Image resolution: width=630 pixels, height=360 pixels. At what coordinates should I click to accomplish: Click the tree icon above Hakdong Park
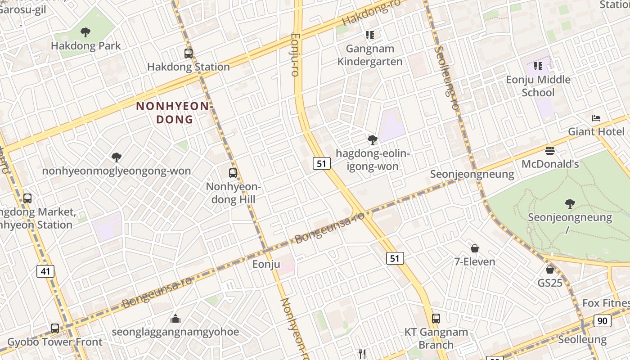coord(85,32)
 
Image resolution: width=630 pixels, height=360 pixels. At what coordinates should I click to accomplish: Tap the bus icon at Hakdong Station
coord(189,54)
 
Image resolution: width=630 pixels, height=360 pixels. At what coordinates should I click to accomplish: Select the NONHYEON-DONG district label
coord(174,112)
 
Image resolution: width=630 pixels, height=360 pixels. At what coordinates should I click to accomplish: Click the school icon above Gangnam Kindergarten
coord(370,35)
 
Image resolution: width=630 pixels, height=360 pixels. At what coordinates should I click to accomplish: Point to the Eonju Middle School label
coord(538,86)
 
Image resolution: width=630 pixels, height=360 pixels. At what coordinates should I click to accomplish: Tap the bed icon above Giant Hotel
coord(596,118)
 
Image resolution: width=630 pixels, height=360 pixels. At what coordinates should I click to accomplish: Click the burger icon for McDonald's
coord(549,151)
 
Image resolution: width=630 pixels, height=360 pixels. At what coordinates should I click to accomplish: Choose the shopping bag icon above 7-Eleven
coord(474,248)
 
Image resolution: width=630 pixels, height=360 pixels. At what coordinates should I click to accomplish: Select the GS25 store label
coord(550,283)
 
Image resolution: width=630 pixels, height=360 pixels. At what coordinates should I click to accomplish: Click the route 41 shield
coord(45,271)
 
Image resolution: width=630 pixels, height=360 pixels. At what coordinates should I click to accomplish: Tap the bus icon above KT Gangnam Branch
coord(436,319)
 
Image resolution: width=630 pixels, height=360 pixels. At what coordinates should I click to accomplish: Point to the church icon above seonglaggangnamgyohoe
coord(175,319)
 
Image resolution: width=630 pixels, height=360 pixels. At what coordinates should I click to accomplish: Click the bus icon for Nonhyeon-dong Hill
coord(233,173)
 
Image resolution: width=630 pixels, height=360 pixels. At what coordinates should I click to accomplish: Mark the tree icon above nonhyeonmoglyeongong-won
coord(117,157)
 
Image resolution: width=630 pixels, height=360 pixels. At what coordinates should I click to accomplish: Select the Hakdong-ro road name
coord(364,13)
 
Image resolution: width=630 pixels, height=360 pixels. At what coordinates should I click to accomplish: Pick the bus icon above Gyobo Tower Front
coord(55,328)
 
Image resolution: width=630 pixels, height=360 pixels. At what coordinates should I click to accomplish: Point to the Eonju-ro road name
coord(295,54)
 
